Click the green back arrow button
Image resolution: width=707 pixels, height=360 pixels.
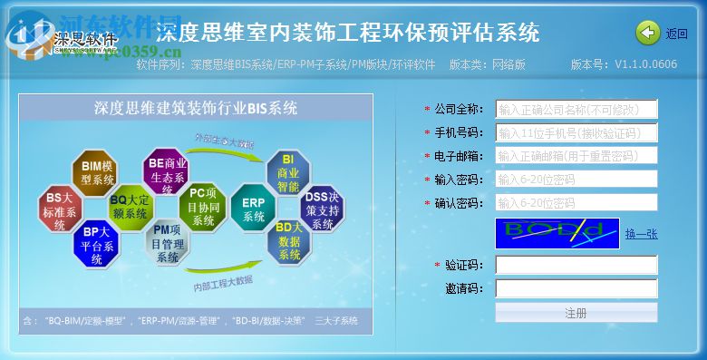tap(648, 34)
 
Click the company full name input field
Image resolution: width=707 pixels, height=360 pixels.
tap(576, 110)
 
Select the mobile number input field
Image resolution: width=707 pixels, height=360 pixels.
tap(576, 133)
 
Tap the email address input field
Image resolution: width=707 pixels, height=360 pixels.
tap(576, 156)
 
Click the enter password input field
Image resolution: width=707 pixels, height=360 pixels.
tap(576, 180)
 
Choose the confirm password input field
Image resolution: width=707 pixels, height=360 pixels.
tap(576, 202)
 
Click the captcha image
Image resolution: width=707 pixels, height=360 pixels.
tap(557, 233)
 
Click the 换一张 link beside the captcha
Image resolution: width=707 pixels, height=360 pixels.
tap(641, 234)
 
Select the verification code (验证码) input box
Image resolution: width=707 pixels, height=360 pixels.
tap(576, 265)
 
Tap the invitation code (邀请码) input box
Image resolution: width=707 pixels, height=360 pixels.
tap(576, 288)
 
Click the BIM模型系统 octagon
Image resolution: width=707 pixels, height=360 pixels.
tap(97, 173)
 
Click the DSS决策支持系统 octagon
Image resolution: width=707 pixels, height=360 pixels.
tap(321, 210)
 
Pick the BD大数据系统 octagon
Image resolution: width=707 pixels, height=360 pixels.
tap(288, 241)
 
